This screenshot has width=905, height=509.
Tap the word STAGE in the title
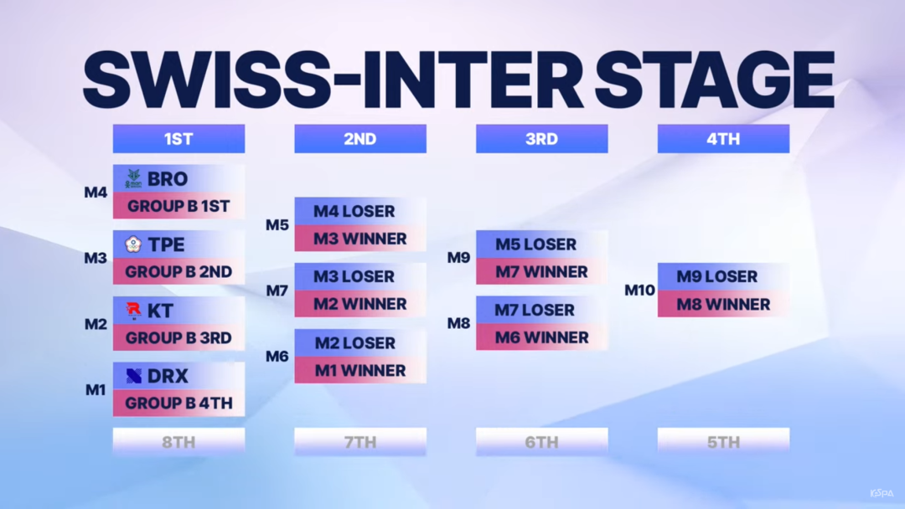(x=715, y=80)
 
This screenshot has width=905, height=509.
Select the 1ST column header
(x=179, y=139)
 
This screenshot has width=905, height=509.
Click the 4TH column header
(x=724, y=139)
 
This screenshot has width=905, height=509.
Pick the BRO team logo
(x=133, y=178)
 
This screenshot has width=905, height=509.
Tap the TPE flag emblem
(x=133, y=244)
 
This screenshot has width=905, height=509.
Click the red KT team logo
(x=133, y=311)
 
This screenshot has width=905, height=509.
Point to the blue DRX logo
(x=134, y=377)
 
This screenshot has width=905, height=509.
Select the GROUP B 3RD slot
(x=179, y=337)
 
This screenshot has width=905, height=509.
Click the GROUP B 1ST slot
(x=179, y=206)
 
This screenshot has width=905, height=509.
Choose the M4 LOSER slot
(x=360, y=211)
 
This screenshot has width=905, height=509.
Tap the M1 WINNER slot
(x=360, y=371)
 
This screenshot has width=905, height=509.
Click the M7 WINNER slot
(x=542, y=271)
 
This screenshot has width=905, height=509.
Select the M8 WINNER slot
(x=724, y=304)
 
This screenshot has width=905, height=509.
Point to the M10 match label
(x=639, y=290)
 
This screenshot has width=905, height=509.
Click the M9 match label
(x=459, y=258)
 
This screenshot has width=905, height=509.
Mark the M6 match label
(x=277, y=357)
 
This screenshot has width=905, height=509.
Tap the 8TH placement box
(x=179, y=442)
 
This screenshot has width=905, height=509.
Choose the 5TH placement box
(x=724, y=442)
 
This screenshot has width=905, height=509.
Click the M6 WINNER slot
(x=542, y=337)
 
